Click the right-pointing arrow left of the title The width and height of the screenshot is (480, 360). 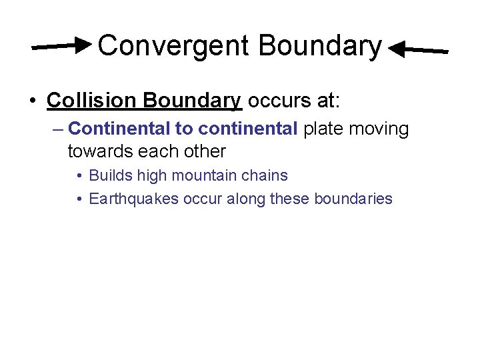pyautogui.click(x=63, y=46)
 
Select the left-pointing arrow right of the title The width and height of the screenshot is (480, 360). pyautogui.click(x=418, y=50)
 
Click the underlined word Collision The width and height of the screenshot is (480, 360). pyautogui.click(x=91, y=101)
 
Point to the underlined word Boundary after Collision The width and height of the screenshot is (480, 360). pyautogui.click(x=191, y=101)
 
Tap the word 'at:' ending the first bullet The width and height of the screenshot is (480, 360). pyautogui.click(x=327, y=101)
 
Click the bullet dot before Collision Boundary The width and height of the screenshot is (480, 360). pyautogui.click(x=32, y=101)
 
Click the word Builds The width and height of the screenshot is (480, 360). pyautogui.click(x=111, y=176)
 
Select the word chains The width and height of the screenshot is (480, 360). pyautogui.click(x=267, y=176)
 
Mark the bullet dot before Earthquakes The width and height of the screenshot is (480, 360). pyautogui.click(x=79, y=199)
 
